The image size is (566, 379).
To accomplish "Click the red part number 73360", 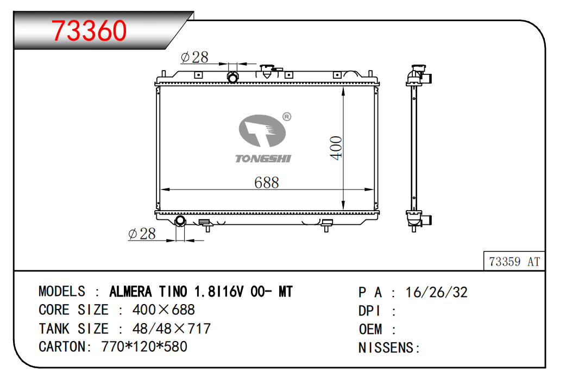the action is (x=89, y=30).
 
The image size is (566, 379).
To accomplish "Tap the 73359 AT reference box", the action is (x=514, y=261).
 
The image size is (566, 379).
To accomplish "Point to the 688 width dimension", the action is (x=266, y=182).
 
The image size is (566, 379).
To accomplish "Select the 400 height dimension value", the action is (x=336, y=148).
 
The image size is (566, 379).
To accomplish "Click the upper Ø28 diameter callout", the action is (x=194, y=57).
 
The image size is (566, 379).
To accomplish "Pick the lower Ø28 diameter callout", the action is (x=142, y=234).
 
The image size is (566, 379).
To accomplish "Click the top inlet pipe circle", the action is (x=233, y=77).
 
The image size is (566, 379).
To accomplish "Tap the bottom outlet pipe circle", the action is (x=180, y=220).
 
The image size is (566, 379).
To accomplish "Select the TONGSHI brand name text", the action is (x=263, y=159).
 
